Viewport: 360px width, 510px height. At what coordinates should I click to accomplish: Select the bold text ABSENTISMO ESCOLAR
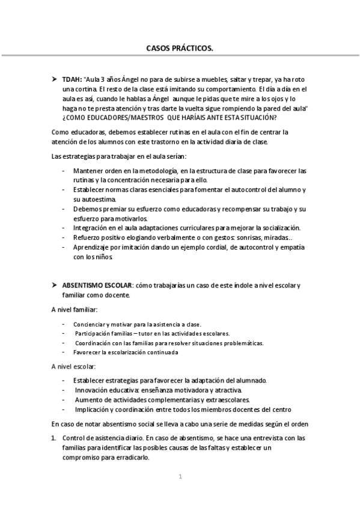coord(98,284)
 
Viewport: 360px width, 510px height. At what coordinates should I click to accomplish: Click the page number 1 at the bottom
coord(180,477)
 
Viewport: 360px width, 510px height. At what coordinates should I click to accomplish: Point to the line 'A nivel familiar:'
coord(75,310)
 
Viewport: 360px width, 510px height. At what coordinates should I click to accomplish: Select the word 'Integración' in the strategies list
coord(91,227)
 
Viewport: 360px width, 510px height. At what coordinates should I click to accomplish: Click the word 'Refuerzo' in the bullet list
coord(87,237)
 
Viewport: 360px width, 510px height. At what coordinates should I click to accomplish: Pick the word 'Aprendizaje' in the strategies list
coord(92,247)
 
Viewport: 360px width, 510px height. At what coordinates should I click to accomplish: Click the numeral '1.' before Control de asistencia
coord(54,438)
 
